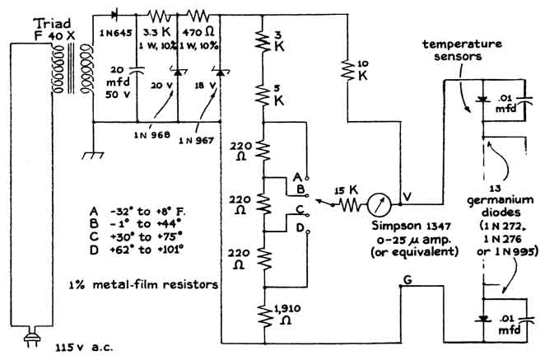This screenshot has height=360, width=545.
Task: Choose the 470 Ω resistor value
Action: [x=202, y=31]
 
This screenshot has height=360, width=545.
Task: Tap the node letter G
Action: [x=406, y=282]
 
